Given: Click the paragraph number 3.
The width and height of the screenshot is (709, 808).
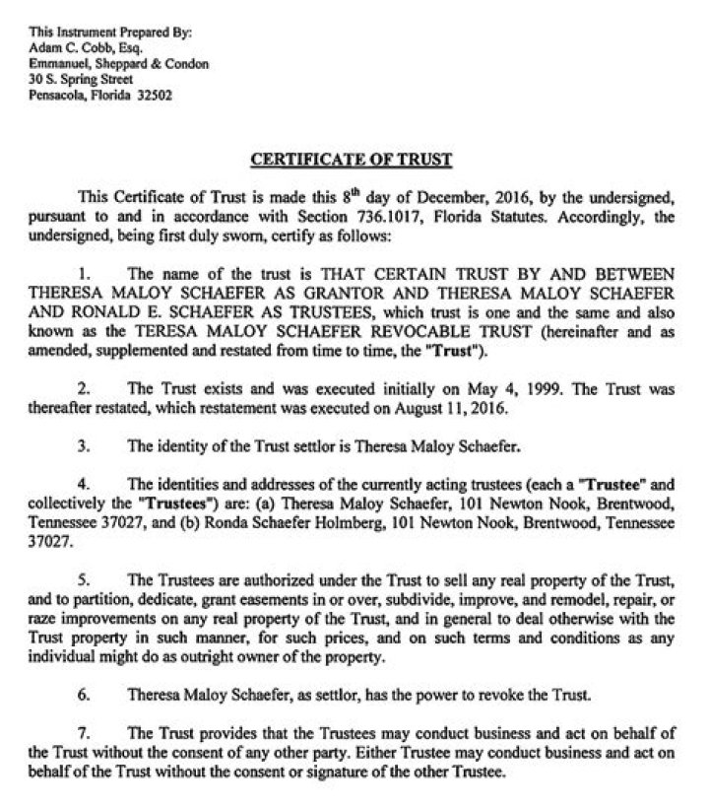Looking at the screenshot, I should [x=83, y=445].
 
